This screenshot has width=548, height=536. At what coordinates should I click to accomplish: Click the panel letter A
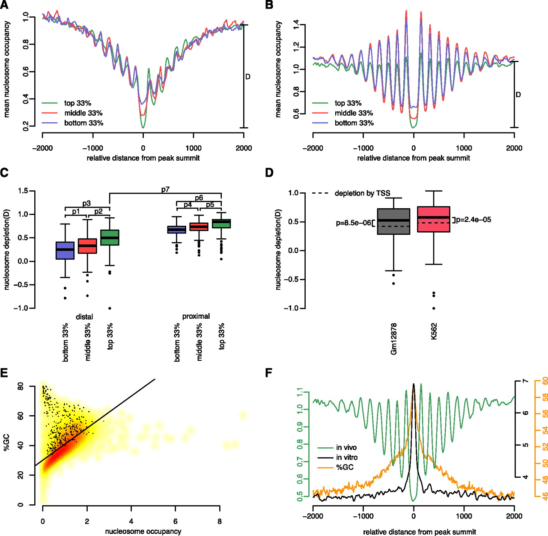(x=4, y=5)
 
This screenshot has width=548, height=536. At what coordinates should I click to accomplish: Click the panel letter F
(x=269, y=373)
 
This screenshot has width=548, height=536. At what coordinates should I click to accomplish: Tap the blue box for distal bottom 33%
(x=65, y=250)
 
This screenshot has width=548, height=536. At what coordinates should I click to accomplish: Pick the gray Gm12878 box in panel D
(x=393, y=222)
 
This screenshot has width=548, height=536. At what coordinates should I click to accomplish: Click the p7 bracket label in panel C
(x=165, y=189)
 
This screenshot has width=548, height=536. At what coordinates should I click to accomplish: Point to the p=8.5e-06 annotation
(x=353, y=223)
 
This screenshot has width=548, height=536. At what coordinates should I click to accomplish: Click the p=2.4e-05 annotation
(x=474, y=220)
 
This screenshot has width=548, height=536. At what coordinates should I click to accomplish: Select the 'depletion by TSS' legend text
(x=362, y=193)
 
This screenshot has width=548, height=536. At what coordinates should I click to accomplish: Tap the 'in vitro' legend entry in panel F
(x=346, y=458)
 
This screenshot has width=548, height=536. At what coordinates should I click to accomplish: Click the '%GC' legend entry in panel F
(x=345, y=467)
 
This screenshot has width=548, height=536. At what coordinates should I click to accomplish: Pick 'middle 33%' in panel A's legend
(x=83, y=113)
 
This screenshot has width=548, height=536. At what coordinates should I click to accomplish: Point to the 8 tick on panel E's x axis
(x=220, y=521)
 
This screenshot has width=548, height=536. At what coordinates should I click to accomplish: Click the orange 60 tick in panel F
(x=545, y=381)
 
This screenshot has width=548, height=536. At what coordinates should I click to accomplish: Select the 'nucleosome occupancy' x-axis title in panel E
(x=143, y=531)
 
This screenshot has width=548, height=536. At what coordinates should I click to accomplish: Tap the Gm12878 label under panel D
(x=394, y=338)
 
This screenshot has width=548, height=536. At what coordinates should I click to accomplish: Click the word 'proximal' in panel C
(x=196, y=316)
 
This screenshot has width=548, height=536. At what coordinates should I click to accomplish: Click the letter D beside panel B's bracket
(x=518, y=95)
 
